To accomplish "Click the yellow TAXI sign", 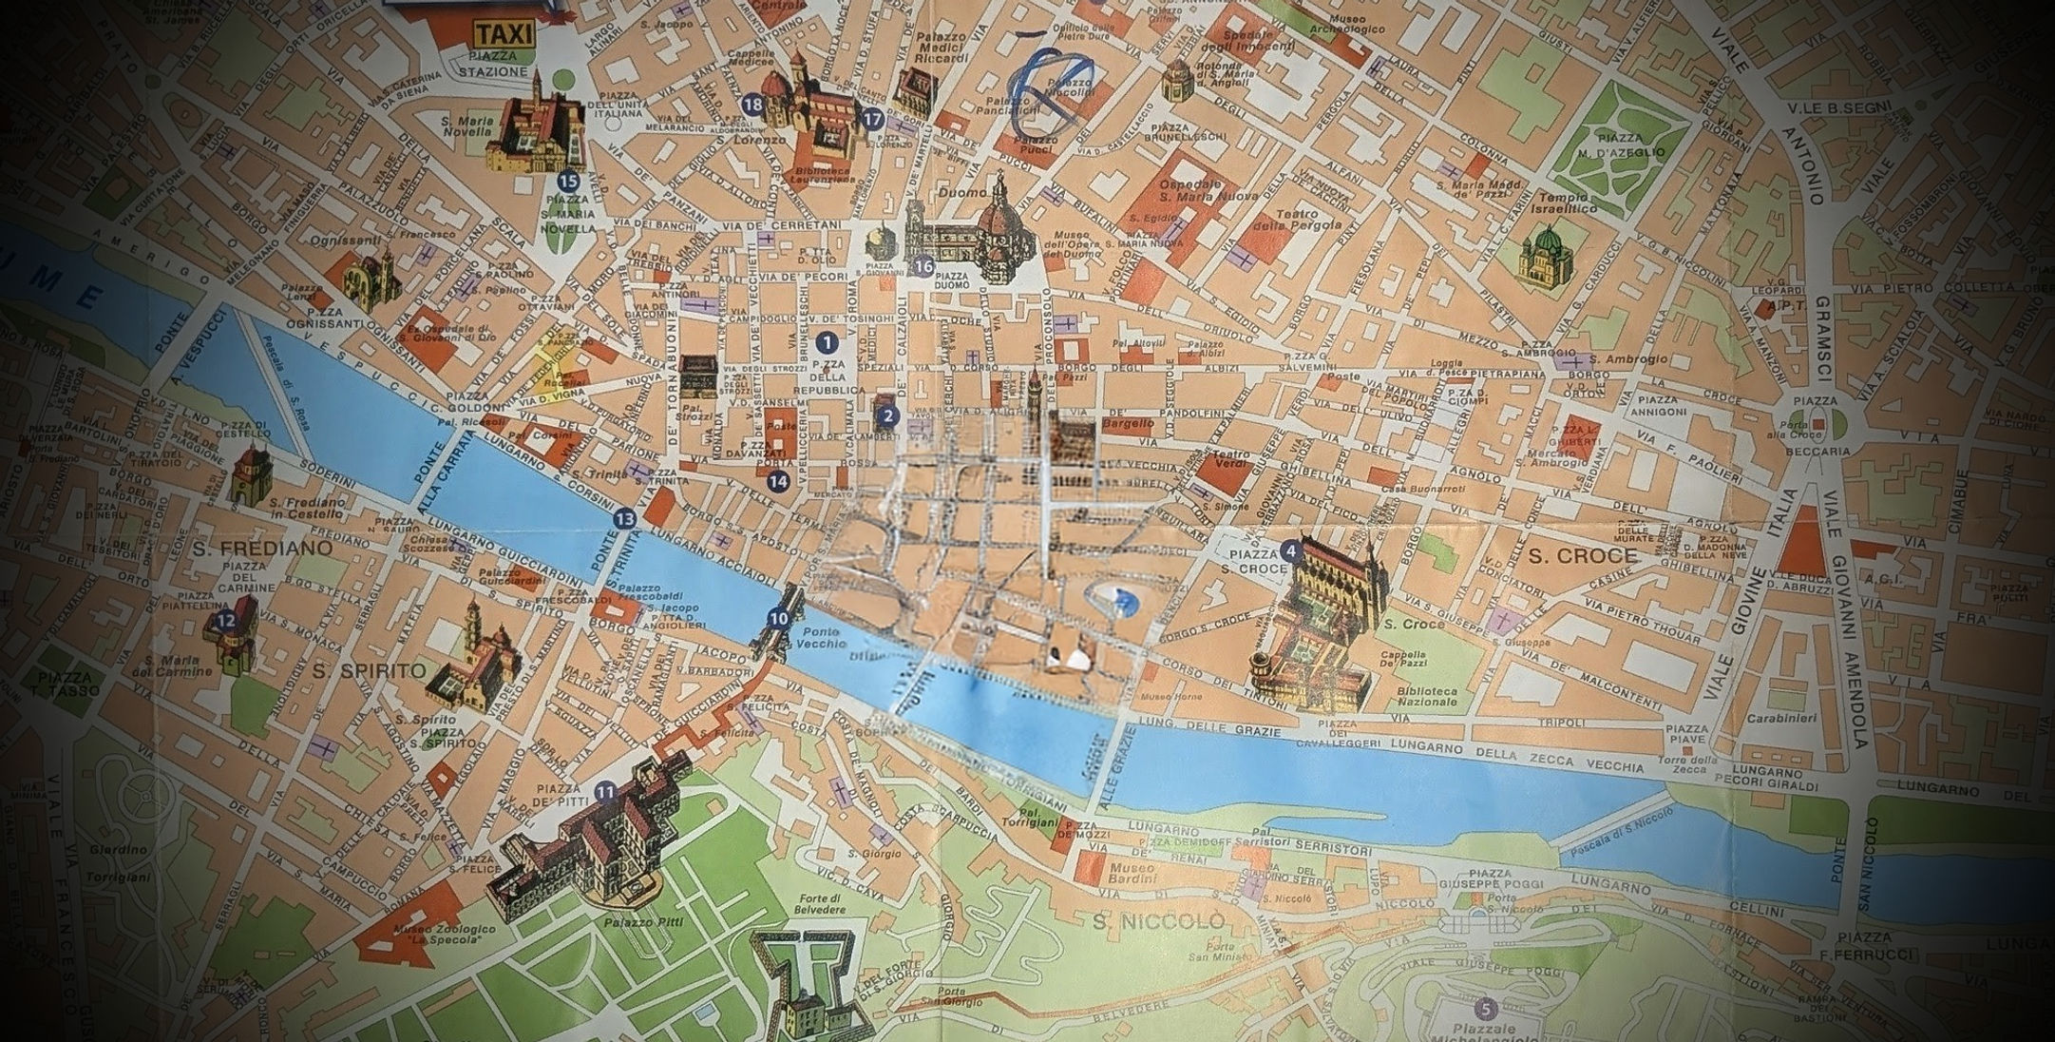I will [502, 36].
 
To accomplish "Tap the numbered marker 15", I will [569, 181].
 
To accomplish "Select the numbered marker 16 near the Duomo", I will [922, 266].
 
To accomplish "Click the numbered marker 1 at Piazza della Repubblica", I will [827, 340].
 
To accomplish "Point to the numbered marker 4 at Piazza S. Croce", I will [1289, 549].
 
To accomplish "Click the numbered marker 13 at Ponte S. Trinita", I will [624, 518].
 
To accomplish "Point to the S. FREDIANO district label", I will [261, 549].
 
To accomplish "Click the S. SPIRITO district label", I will [369, 671].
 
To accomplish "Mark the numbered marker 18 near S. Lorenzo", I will [754, 105].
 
